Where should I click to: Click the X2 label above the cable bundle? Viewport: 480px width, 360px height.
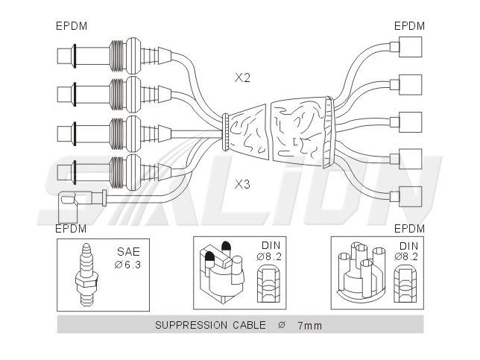point(242,78)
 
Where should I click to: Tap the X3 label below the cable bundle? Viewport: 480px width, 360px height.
point(242,184)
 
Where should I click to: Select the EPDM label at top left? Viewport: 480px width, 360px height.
point(72,26)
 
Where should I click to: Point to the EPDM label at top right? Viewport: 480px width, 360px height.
point(409,26)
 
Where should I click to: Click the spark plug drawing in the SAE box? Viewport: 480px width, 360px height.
point(86,275)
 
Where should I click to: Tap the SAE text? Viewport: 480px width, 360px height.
point(128,252)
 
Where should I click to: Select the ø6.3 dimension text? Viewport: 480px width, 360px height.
point(127,265)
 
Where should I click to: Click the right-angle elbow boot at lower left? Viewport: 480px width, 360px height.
point(68,206)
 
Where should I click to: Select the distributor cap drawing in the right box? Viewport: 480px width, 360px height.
point(361,271)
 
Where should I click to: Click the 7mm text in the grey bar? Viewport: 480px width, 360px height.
point(310,326)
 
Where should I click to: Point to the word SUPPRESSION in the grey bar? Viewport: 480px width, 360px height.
point(191,325)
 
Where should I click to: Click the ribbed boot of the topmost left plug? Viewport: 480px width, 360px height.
point(117,56)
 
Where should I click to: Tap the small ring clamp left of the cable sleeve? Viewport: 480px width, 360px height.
point(225,132)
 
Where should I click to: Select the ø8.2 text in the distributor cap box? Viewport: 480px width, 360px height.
point(406,256)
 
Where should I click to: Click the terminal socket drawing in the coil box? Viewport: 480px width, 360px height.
point(268,284)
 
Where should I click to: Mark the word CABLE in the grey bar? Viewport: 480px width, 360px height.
point(249,325)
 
